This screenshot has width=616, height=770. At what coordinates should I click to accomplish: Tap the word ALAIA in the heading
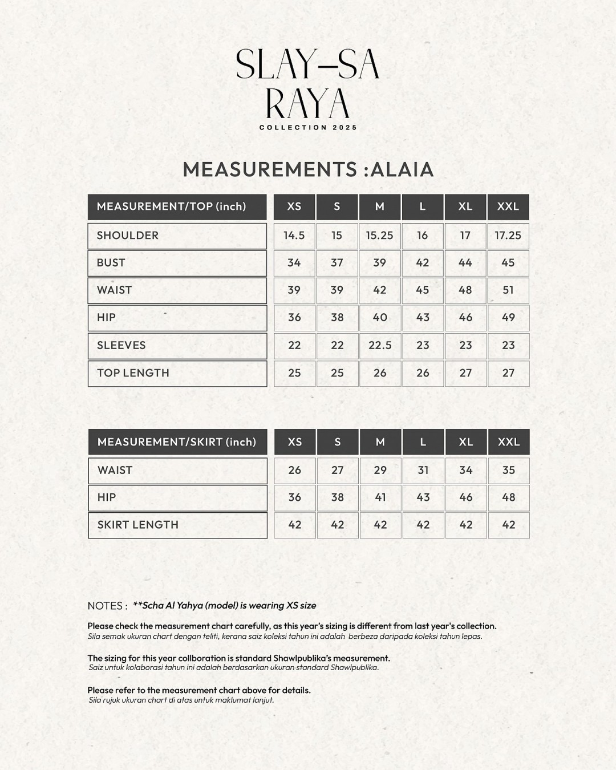(402, 169)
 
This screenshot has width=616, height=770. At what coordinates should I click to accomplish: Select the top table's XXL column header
(508, 206)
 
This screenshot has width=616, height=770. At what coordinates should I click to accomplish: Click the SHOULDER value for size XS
(294, 236)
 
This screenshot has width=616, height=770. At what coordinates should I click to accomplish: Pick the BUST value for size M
(380, 263)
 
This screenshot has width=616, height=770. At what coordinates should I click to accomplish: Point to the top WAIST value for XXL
(508, 290)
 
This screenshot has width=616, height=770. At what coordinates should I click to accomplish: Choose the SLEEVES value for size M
(380, 346)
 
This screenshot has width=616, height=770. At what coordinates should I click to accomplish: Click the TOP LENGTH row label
(133, 373)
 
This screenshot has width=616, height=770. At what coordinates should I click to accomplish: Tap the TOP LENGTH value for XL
(465, 373)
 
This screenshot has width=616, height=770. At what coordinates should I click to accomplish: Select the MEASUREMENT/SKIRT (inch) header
(177, 442)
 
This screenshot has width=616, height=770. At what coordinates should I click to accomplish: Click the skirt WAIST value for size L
(423, 471)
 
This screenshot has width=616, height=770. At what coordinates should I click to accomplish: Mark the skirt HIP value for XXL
(508, 497)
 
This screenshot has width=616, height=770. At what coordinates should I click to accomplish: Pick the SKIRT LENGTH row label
(138, 525)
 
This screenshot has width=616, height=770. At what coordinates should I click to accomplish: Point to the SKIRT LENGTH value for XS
(294, 525)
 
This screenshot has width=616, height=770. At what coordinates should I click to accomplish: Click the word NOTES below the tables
(107, 606)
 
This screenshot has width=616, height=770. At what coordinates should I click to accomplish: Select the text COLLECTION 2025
(308, 128)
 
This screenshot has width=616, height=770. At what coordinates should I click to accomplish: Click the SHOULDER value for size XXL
(508, 236)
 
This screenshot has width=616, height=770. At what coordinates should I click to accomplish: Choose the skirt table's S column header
(338, 442)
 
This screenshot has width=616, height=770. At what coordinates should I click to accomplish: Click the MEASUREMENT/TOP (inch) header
(171, 206)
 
